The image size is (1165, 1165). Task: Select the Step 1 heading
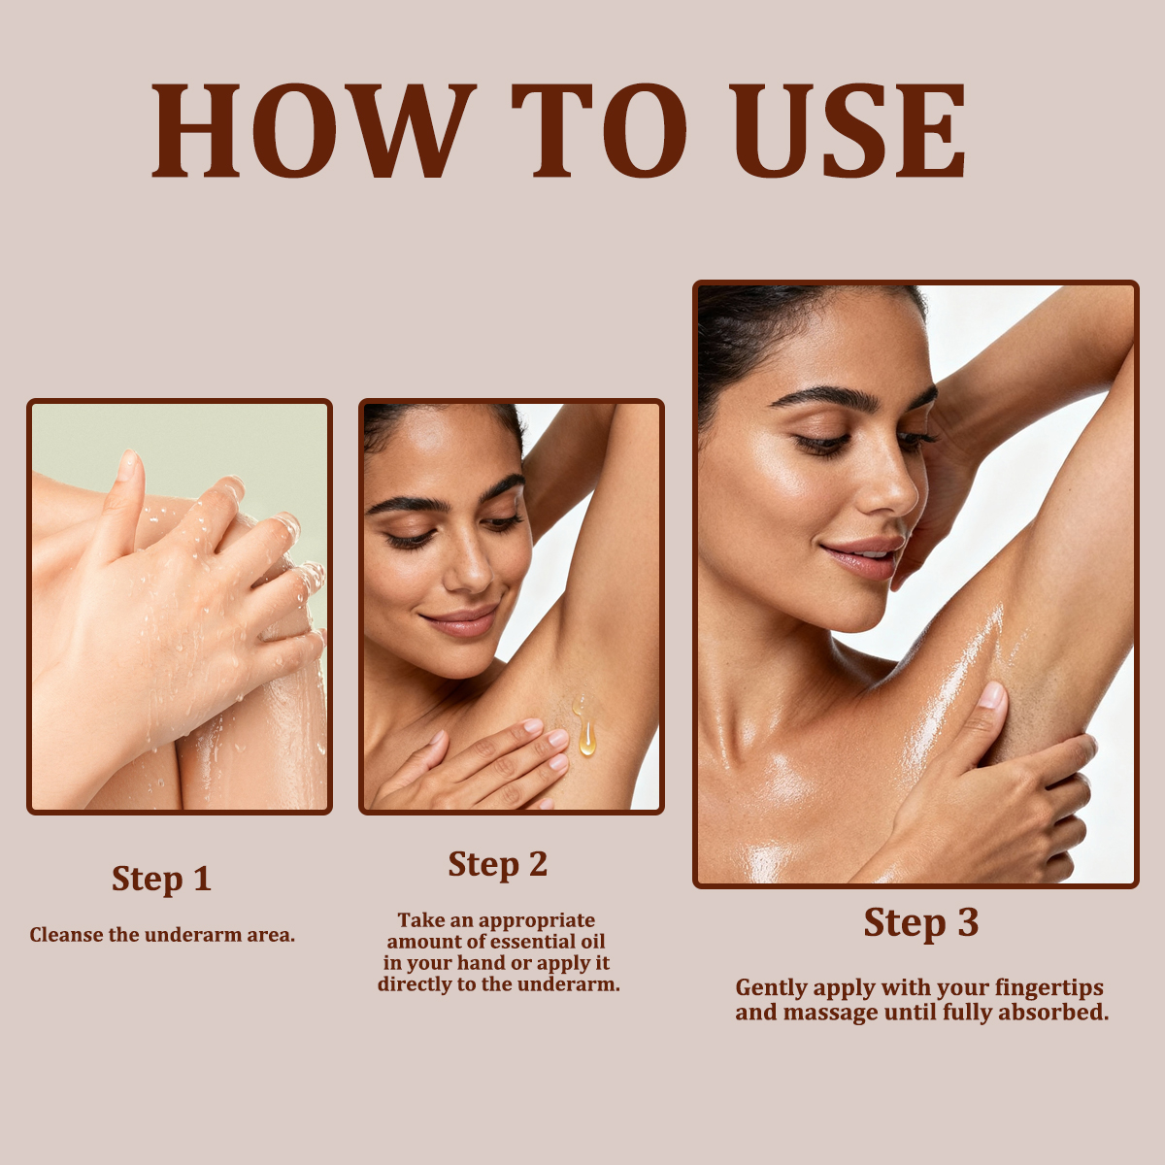(161, 879)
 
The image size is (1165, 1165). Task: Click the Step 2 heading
(497, 864)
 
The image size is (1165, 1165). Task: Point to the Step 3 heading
(920, 922)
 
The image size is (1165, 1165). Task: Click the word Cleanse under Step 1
(67, 935)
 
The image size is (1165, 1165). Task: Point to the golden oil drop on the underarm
(585, 736)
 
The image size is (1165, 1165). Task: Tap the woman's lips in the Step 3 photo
(861, 557)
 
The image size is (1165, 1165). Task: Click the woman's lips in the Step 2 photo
(462, 621)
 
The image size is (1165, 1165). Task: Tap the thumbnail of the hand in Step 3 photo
(990, 695)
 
